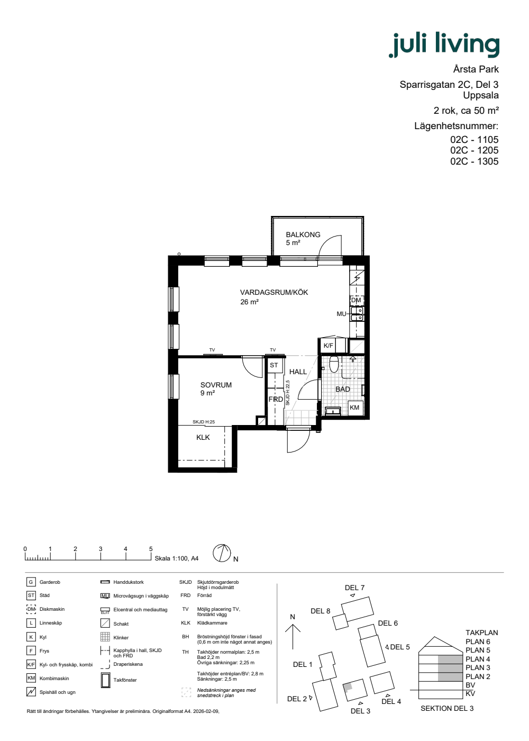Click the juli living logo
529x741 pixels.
444,44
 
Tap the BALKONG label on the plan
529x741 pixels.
303,234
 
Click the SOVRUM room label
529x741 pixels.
216,385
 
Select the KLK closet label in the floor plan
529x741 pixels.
203,437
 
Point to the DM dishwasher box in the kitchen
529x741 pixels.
357,301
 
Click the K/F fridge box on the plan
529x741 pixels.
328,346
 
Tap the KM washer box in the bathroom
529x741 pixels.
354,408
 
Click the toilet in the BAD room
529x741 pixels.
334,364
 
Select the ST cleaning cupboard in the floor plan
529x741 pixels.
274,365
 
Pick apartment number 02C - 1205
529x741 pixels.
474,150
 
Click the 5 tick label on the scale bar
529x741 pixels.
151,549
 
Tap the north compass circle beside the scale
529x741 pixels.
222,553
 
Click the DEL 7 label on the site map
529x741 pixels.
354,588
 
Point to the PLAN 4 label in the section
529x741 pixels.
478,659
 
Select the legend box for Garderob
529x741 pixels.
31,582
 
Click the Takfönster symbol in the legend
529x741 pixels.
105,680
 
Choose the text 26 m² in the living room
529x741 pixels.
249,302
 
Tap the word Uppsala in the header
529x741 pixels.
481,95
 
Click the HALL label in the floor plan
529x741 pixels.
298,372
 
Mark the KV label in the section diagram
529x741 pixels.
470,694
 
